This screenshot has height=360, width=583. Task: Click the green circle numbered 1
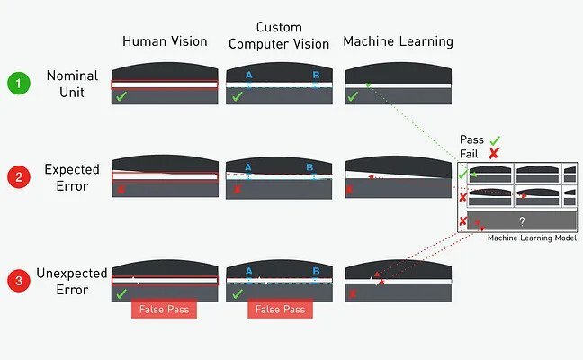tap(19, 84)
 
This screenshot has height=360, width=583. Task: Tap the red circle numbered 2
tap(19, 176)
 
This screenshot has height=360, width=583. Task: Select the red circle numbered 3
tap(19, 281)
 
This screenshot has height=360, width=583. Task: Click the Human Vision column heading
tap(165, 41)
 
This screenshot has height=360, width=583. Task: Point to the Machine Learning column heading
tap(398, 41)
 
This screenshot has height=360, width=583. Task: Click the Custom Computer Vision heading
tap(279, 36)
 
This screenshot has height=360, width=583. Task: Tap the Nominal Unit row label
tap(72, 84)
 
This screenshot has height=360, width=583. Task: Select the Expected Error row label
tap(72, 177)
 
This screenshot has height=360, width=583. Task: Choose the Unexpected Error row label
tap(72, 281)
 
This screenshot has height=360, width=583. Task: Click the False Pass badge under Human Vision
tap(164, 309)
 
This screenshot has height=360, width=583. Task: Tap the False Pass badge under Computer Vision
tap(280, 309)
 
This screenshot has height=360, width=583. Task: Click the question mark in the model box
tap(522, 221)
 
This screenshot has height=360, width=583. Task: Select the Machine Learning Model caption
tap(532, 238)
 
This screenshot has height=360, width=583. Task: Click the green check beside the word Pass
tap(495, 140)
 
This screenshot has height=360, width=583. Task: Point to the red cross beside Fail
tap(494, 153)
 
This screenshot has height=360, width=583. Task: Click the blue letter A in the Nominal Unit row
tap(248, 76)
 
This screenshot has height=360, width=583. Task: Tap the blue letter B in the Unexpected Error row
tap(316, 271)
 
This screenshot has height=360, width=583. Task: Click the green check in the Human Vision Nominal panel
tap(121, 96)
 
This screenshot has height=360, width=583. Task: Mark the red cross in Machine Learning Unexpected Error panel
tap(353, 293)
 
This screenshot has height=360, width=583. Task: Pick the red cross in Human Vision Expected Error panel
tap(121, 190)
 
